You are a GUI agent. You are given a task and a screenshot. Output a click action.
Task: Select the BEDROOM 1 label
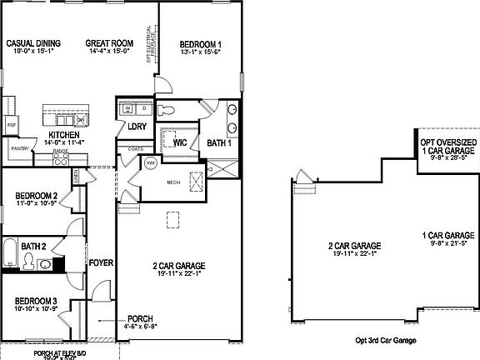click(x=200, y=43)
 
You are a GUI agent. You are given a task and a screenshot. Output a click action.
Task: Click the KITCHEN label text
click(x=63, y=135)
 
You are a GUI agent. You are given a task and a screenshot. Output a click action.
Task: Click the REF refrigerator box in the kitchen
click(x=12, y=125)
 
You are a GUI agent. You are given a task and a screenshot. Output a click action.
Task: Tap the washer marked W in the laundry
click(x=127, y=109)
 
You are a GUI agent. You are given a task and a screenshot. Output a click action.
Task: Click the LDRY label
click(x=137, y=127)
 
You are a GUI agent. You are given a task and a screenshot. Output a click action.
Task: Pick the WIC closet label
click(x=179, y=142)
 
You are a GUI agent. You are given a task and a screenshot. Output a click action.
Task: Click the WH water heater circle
click(x=151, y=162)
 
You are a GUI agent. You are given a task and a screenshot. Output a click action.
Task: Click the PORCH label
click(x=139, y=318)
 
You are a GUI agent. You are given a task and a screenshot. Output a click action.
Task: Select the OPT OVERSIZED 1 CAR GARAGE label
click(x=448, y=147)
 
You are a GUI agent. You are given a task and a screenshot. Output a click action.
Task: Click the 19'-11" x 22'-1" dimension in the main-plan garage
click(x=179, y=276)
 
